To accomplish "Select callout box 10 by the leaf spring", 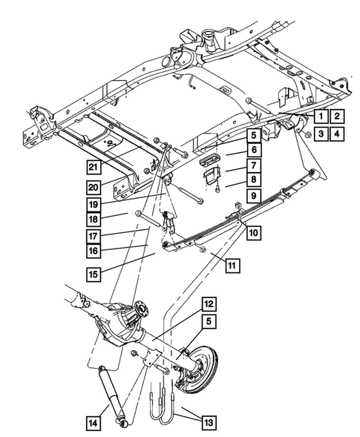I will (253, 232).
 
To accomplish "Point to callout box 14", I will (93, 423).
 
